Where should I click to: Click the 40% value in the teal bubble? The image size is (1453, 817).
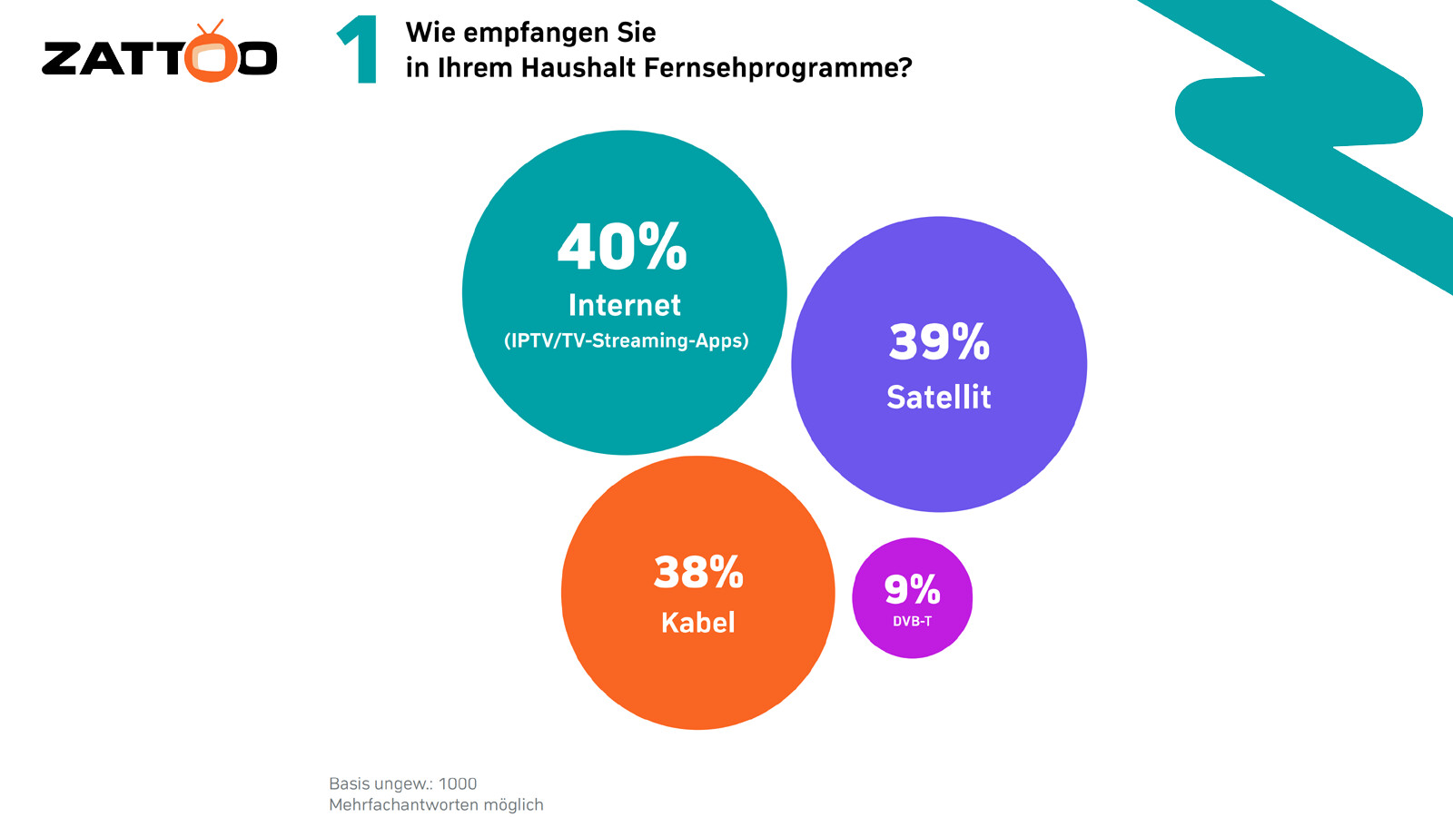[622, 247]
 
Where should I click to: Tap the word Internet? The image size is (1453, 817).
[624, 305]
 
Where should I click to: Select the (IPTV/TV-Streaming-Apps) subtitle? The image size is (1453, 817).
[626, 341]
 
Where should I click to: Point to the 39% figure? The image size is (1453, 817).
[939, 342]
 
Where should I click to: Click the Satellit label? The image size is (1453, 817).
[938, 398]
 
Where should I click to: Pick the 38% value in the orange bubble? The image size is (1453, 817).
[698, 573]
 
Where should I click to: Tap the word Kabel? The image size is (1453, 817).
[697, 623]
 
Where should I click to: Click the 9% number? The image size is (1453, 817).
[912, 590]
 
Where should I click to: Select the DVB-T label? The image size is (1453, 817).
[912, 622]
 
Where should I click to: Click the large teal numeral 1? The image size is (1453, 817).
[360, 51]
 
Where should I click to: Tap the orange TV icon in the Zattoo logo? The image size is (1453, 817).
[212, 56]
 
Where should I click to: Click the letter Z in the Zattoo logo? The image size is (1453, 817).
[62, 59]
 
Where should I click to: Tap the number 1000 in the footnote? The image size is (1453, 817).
[457, 783]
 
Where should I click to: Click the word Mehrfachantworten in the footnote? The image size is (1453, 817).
[403, 805]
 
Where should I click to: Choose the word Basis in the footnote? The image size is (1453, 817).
[349, 783]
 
